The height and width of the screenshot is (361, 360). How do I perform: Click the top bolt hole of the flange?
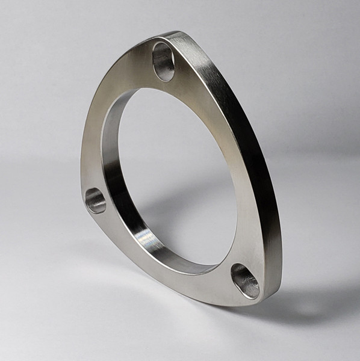[164, 61]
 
